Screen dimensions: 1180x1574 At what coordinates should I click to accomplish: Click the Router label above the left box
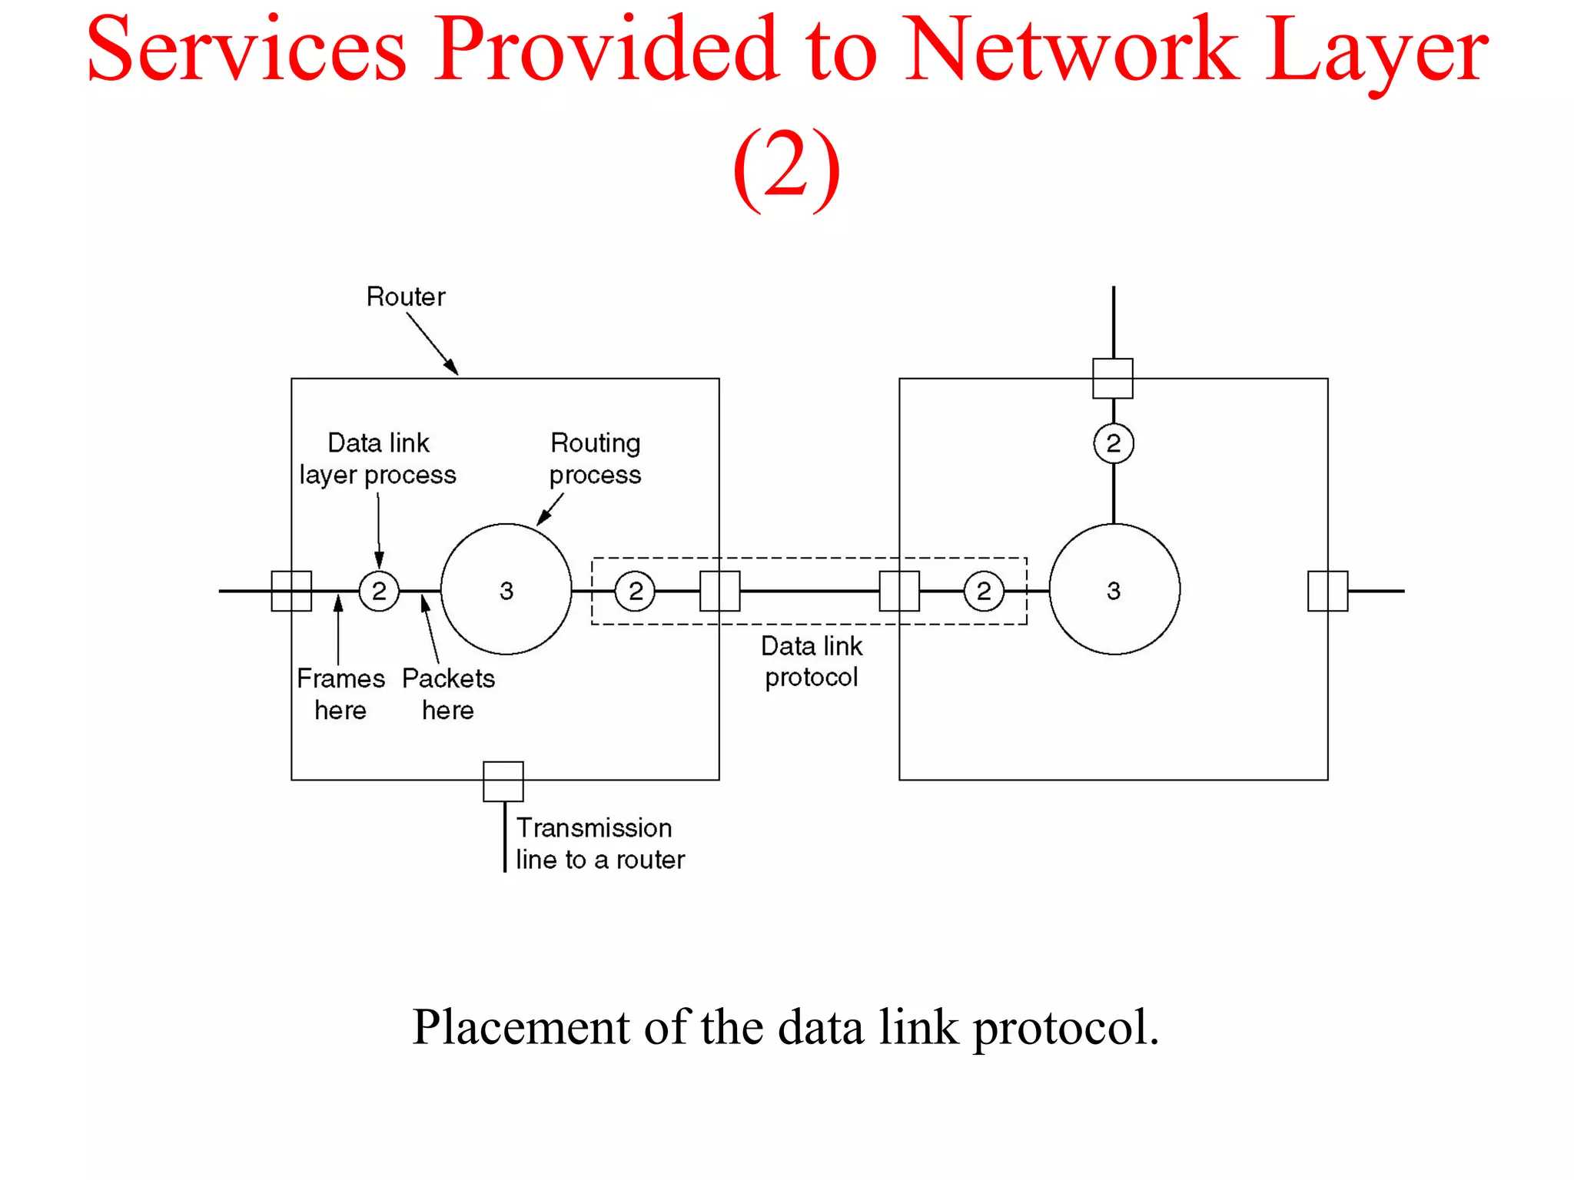click(x=405, y=297)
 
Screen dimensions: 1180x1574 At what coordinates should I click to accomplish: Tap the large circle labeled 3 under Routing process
click(x=506, y=589)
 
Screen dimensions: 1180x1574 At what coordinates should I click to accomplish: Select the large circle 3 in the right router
click(x=1114, y=589)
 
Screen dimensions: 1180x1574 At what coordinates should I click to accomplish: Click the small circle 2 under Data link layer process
click(x=379, y=591)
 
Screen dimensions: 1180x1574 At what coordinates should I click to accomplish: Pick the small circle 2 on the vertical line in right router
click(x=1113, y=443)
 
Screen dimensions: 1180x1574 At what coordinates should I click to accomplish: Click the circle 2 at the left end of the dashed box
click(x=635, y=591)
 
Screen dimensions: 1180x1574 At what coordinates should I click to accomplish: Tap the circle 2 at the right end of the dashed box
click(x=983, y=591)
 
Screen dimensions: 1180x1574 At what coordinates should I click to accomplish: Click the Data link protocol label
click(x=812, y=661)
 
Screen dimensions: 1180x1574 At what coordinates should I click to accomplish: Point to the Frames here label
click(x=340, y=694)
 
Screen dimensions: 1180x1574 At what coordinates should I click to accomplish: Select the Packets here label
click(x=448, y=694)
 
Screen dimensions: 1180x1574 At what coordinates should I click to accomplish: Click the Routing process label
click(x=595, y=459)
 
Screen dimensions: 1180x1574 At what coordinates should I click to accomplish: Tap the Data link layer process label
click(x=377, y=459)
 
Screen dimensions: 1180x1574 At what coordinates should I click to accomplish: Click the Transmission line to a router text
click(x=599, y=844)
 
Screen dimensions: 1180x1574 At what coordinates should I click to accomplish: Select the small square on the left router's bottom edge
click(x=503, y=781)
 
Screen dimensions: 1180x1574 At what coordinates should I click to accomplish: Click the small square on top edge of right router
click(x=1113, y=378)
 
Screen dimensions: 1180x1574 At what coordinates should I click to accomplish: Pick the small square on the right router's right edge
click(x=1327, y=591)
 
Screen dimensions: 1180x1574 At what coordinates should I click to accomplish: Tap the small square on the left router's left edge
click(x=291, y=591)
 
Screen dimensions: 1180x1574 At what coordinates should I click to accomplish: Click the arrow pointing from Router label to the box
click(x=432, y=343)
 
